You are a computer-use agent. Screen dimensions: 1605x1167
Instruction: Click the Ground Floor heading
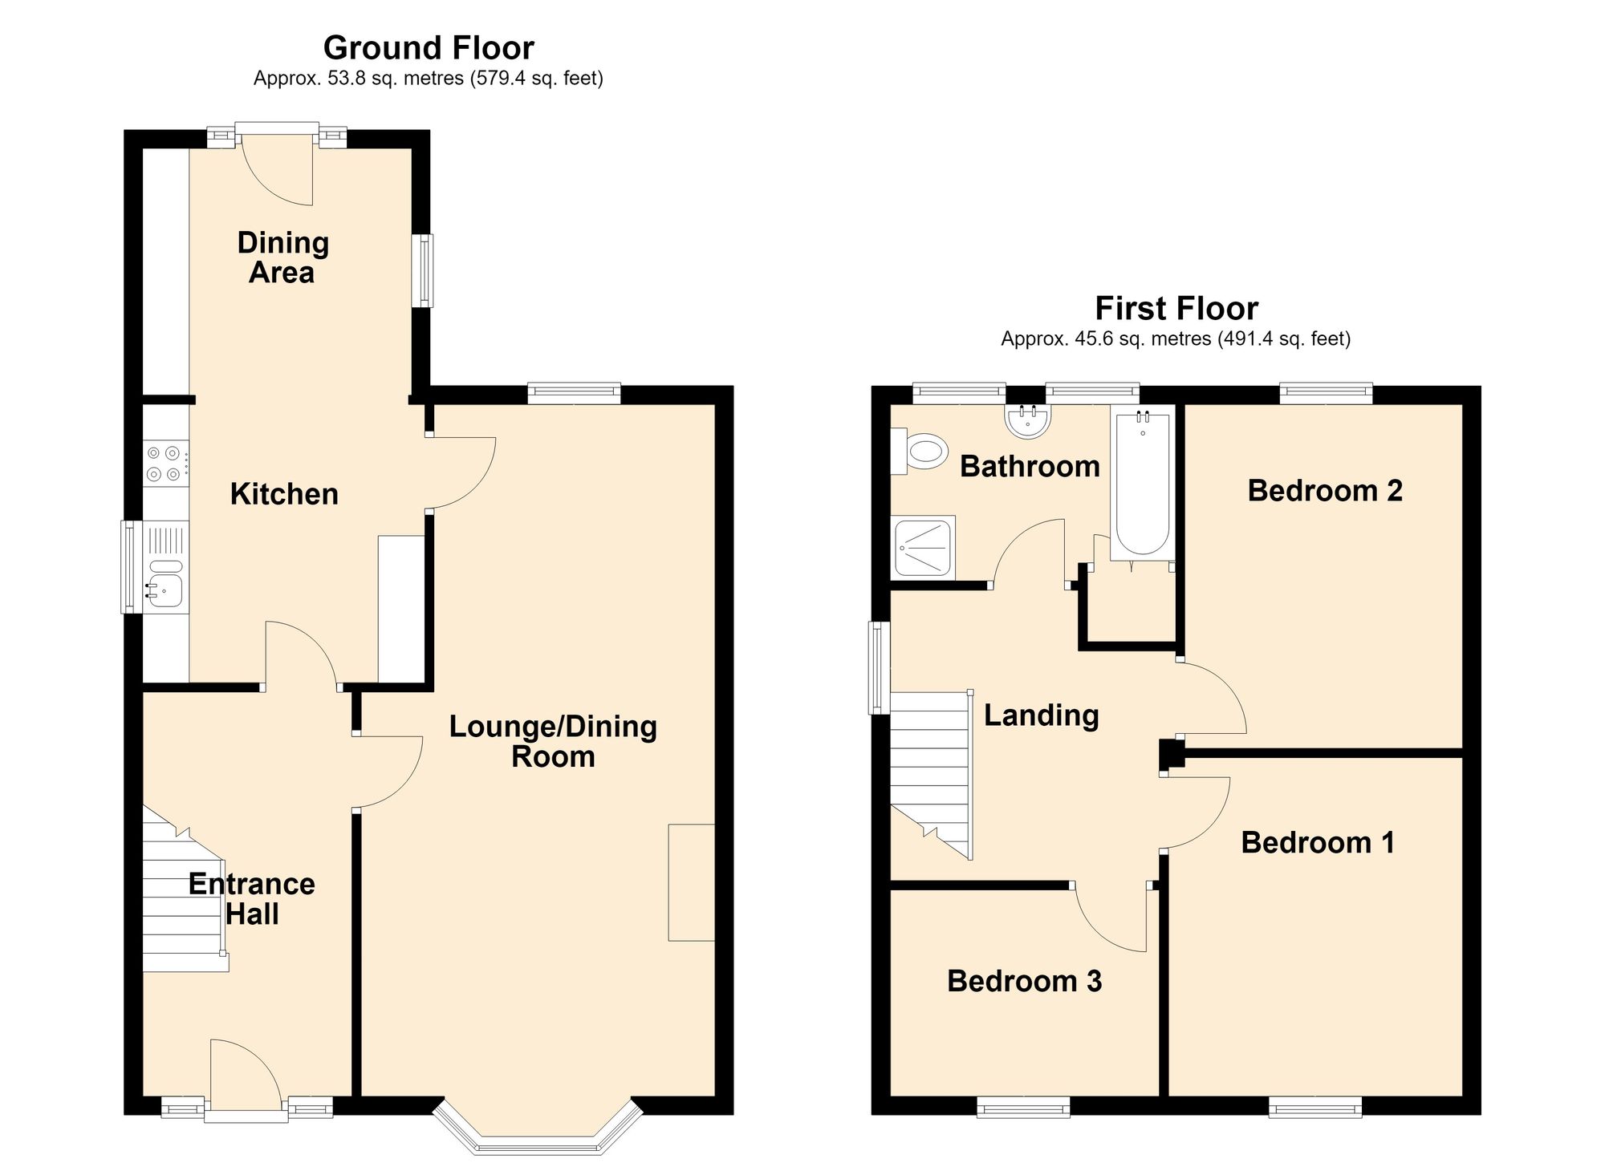click(x=429, y=48)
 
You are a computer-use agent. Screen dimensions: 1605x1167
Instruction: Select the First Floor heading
click(x=1176, y=308)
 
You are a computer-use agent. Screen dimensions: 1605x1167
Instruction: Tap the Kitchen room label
click(x=284, y=494)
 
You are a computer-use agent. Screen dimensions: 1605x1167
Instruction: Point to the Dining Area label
click(x=282, y=257)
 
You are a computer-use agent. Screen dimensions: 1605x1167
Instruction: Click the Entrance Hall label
click(x=251, y=898)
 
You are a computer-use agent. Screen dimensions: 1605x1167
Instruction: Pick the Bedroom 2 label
click(x=1325, y=490)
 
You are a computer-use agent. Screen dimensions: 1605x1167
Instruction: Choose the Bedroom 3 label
click(x=1024, y=981)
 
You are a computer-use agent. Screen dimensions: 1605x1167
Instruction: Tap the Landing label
click(x=1041, y=715)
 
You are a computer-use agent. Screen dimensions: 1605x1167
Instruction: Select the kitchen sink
click(x=165, y=584)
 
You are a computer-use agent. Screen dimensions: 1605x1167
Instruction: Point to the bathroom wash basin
click(x=1028, y=421)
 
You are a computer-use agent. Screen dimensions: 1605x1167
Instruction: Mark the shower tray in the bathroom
click(x=924, y=546)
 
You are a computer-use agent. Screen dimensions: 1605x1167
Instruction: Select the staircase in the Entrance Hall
click(x=185, y=889)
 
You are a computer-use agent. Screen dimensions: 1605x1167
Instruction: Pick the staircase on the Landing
click(x=932, y=776)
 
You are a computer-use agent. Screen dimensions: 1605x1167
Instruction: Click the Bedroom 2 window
click(x=1326, y=393)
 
